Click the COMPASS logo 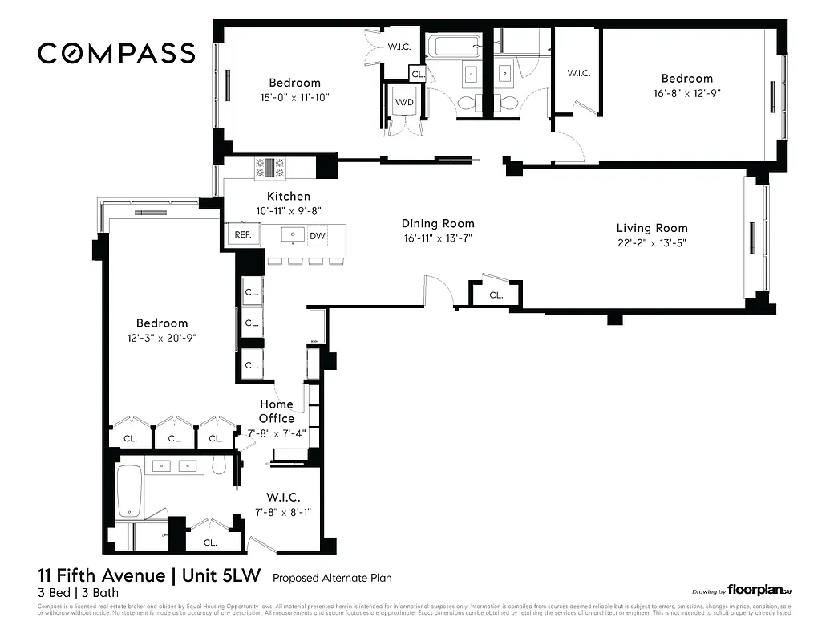[x=116, y=54]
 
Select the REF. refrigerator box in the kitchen [x=242, y=235]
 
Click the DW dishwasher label [x=318, y=235]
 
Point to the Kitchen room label [x=288, y=196]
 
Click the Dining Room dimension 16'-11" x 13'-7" [x=438, y=238]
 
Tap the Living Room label [x=651, y=228]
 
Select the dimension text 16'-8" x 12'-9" [x=686, y=93]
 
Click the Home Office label [x=276, y=411]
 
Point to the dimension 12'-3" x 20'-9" [x=161, y=338]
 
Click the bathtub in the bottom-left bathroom [x=130, y=491]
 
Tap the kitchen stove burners [x=270, y=167]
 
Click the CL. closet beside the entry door [x=496, y=295]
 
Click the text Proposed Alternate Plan [x=331, y=578]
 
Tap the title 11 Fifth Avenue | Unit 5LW [x=151, y=576]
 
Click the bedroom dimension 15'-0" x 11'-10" [x=294, y=97]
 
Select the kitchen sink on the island [x=294, y=235]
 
